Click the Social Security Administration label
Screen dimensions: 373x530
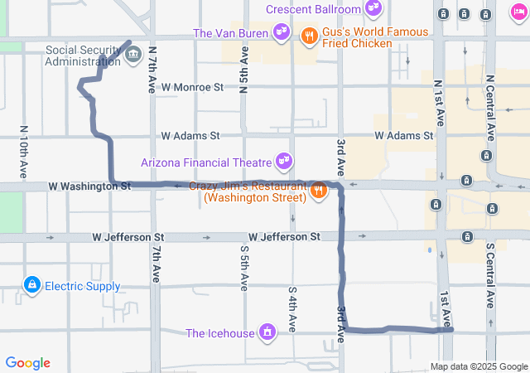tap(83, 55)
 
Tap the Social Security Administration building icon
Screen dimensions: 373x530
tap(133, 56)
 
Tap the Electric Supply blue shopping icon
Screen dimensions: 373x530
tap(31, 286)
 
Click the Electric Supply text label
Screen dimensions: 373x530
tap(82, 287)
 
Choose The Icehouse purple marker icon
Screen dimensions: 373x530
tap(267, 333)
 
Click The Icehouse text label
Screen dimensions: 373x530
tap(220, 334)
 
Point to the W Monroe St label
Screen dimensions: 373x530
tap(192, 86)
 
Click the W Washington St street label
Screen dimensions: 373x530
tap(89, 186)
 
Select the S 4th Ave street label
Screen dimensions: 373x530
tap(292, 308)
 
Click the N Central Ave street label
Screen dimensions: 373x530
tap(490, 108)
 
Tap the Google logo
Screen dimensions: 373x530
tap(28, 363)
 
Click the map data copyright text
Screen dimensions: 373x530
tap(478, 367)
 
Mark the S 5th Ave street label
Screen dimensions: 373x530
tap(244, 267)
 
